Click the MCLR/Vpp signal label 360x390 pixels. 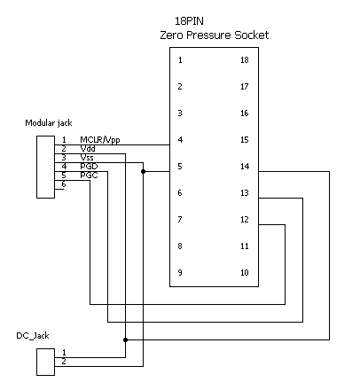point(100,140)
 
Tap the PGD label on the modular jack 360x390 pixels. point(89,167)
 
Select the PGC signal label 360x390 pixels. point(89,175)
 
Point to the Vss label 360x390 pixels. point(87,158)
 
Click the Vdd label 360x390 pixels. point(88,149)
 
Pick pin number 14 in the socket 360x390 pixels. point(245,167)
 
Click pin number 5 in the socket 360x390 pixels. point(180,167)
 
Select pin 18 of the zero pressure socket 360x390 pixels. point(245,60)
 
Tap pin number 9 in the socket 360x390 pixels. point(180,272)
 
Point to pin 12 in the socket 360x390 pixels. point(245,220)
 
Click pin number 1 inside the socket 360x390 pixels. point(180,60)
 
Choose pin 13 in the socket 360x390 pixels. point(245,193)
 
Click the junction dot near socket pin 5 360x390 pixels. point(144,171)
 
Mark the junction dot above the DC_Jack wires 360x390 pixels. point(126,339)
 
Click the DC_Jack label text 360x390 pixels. point(33,336)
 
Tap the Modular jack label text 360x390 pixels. point(49,123)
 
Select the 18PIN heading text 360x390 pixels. point(189,21)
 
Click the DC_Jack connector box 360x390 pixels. point(45,362)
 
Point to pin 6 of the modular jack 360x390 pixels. point(64,184)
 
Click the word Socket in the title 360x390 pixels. point(252,35)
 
